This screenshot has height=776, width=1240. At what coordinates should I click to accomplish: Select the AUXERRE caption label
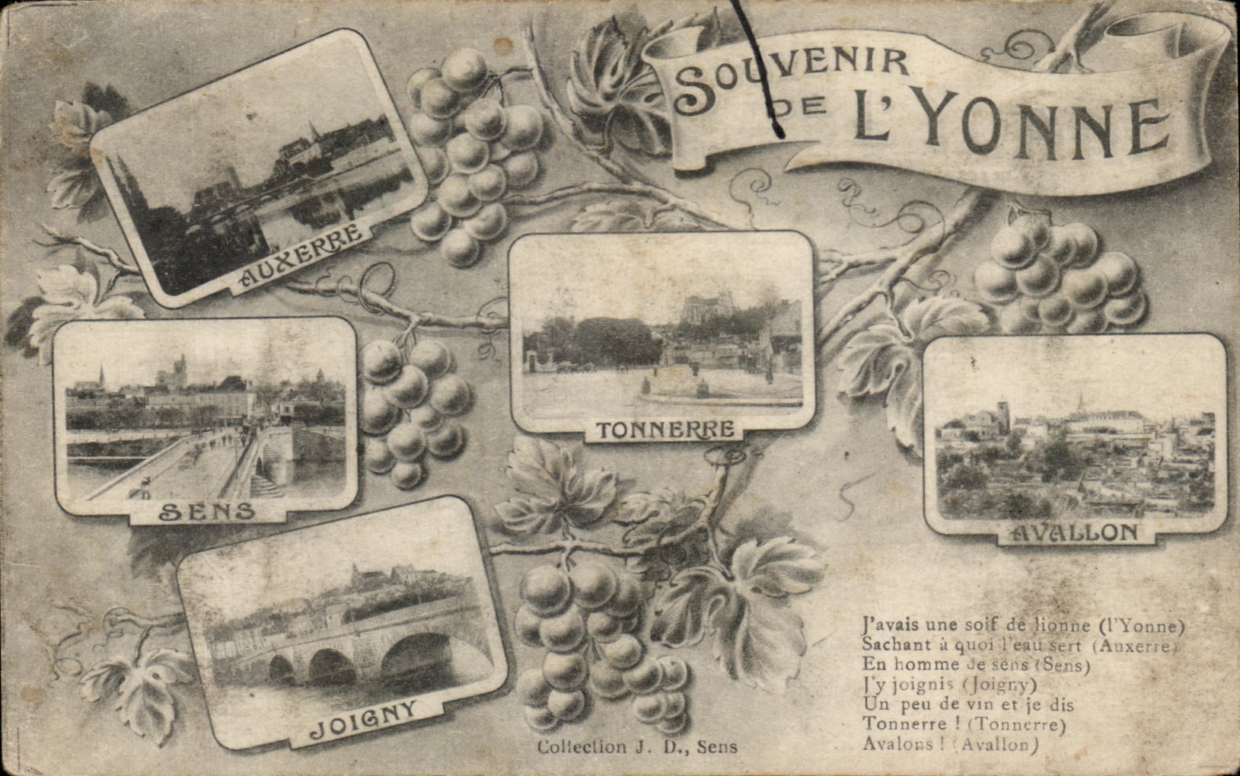point(301,257)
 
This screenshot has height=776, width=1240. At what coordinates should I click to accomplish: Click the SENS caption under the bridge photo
point(207,511)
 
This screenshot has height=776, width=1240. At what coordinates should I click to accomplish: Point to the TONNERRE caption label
point(665,430)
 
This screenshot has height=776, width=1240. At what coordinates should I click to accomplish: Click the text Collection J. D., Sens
point(637,747)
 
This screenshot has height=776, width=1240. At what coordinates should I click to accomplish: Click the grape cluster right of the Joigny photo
point(601,640)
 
